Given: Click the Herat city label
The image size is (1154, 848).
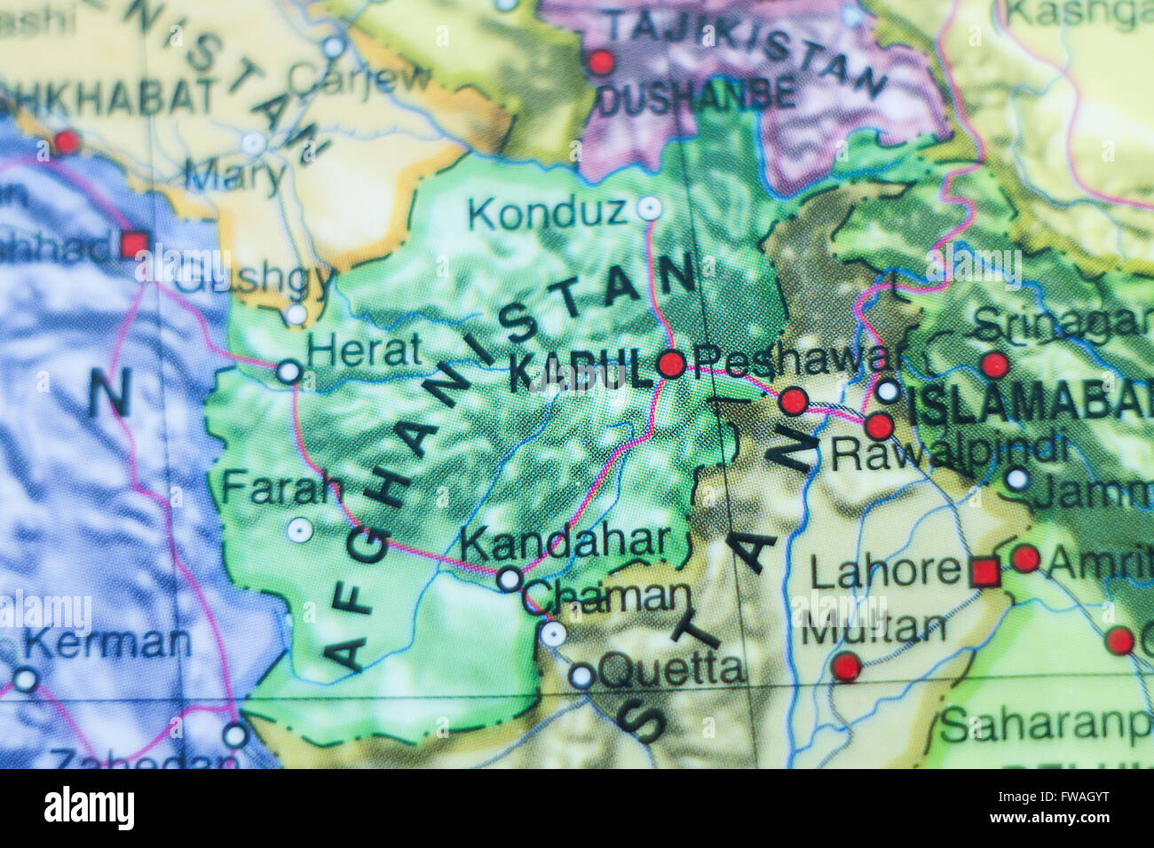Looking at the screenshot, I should (x=363, y=352).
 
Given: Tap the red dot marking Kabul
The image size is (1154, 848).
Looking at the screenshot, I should (x=671, y=364).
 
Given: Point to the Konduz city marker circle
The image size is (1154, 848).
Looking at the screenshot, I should (x=650, y=209).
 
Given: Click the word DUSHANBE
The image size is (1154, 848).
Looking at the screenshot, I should (x=696, y=97).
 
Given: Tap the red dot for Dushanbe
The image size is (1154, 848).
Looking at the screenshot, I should (x=601, y=62).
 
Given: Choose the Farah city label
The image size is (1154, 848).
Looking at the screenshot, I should (x=281, y=488).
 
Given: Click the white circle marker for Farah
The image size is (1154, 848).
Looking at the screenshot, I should (x=300, y=530).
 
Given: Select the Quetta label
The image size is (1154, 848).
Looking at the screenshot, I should (x=672, y=667).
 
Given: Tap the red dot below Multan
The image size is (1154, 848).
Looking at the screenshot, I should (x=846, y=666).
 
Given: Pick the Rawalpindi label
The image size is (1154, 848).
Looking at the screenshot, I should (x=948, y=452).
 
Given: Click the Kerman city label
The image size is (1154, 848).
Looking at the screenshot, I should (x=107, y=641).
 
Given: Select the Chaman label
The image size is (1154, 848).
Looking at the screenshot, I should (x=607, y=597).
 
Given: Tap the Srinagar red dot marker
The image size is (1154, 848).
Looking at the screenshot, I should (x=994, y=364).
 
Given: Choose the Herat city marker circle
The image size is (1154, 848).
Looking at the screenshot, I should (x=288, y=371).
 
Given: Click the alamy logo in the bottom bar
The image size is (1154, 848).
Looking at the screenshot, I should (x=89, y=808).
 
